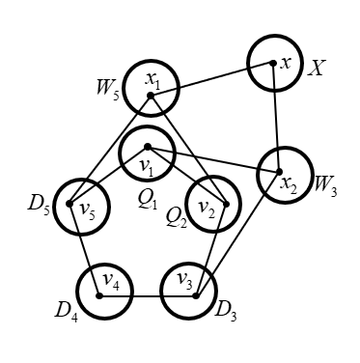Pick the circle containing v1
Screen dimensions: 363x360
pyautogui.click(x=146, y=155)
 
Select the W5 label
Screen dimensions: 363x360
pyautogui.click(x=108, y=95)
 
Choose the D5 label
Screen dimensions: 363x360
pyautogui.click(x=38, y=206)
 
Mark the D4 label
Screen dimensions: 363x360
pyautogui.click(x=67, y=311)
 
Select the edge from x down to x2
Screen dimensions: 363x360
pyautogui.click(x=278, y=118)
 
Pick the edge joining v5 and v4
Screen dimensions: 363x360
pyautogui.click(x=84, y=250)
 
